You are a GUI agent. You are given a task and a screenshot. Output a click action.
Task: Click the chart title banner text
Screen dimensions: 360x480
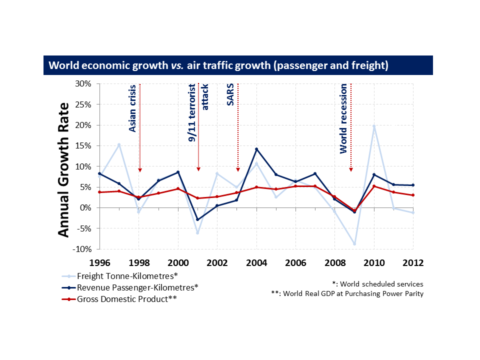pyautogui.click(x=218, y=65)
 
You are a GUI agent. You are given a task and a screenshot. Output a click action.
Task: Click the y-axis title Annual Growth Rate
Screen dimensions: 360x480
pyautogui.click(x=63, y=170)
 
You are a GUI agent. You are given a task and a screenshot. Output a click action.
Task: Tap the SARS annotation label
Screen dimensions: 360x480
pyautogui.click(x=230, y=95)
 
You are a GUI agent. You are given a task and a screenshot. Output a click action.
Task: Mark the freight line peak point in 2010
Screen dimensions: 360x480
pyautogui.click(x=374, y=126)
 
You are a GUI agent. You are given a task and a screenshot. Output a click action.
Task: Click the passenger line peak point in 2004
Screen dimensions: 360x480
pyautogui.click(x=256, y=149)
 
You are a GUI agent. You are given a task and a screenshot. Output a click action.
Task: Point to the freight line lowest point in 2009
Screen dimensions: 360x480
pyautogui.click(x=354, y=244)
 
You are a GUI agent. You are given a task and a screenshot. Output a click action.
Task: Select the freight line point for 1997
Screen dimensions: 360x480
pyautogui.click(x=119, y=145)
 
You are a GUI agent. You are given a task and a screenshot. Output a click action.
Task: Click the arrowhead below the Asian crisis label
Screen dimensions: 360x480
pyautogui.click(x=139, y=169)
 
